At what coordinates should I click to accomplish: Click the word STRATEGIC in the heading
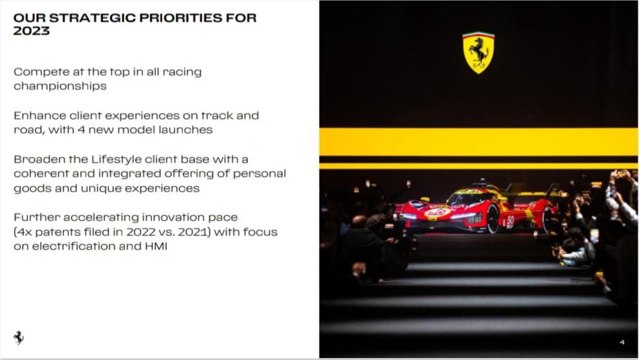(x=93, y=18)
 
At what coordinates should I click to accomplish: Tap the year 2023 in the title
(x=32, y=31)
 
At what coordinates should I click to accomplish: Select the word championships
(x=60, y=86)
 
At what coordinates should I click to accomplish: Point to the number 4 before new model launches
(x=81, y=130)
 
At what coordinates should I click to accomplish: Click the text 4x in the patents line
(x=24, y=232)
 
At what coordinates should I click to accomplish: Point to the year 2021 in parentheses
(x=193, y=232)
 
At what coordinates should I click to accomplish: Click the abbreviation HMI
(x=156, y=247)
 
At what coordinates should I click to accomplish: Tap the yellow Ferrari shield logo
(x=479, y=53)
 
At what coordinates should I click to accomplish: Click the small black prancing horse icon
(x=19, y=337)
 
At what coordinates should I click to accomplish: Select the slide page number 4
(x=622, y=342)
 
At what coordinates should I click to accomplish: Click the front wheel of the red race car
(x=492, y=219)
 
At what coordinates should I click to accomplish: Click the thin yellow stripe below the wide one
(x=479, y=166)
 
